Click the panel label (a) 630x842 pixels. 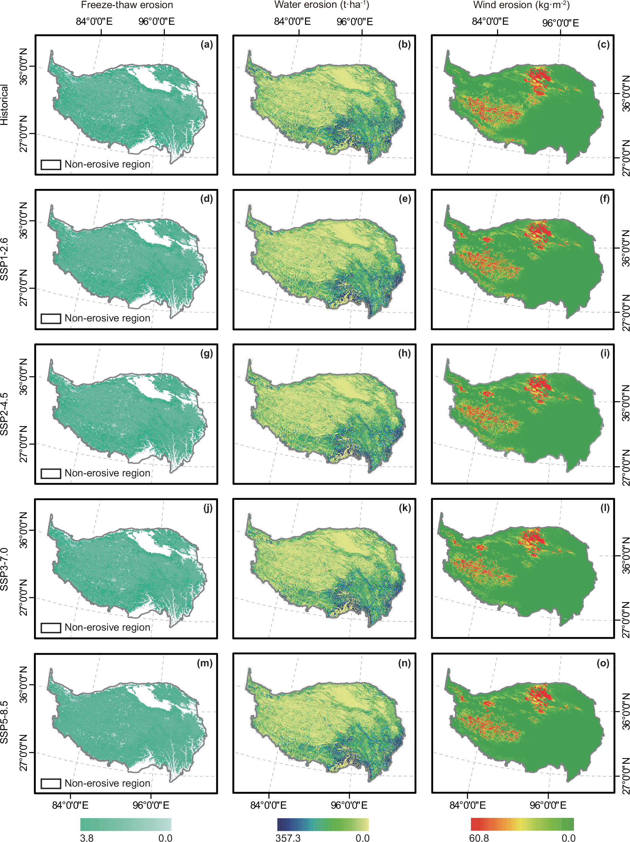(206, 45)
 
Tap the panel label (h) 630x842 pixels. (404, 354)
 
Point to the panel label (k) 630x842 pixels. (404, 508)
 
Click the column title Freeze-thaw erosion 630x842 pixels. (127, 5)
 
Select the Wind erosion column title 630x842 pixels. (521, 5)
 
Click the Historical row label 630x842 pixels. (4, 105)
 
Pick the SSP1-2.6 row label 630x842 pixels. (4, 259)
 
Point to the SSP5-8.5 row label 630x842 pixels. (4, 722)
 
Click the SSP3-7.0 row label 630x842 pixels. (4, 569)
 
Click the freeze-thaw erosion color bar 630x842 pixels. (126, 824)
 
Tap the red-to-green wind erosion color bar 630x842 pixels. (522, 824)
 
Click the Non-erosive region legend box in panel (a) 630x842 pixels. (51, 164)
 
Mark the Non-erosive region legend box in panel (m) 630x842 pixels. (51, 783)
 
